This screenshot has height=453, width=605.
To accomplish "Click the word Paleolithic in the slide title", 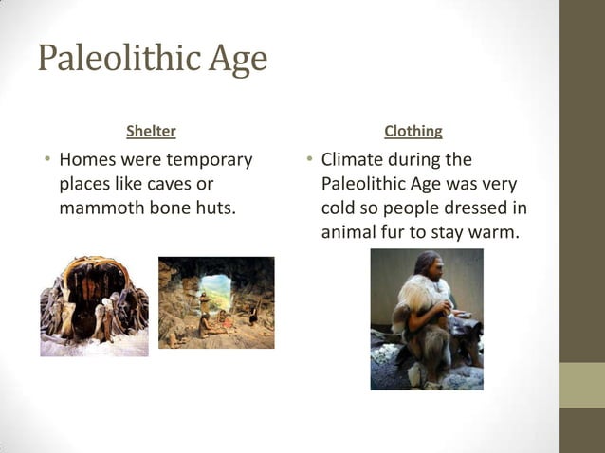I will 115,60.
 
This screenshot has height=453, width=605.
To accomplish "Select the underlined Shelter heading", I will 151,131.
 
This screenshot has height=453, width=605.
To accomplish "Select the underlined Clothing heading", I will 412,131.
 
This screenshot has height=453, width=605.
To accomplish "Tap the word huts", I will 213,208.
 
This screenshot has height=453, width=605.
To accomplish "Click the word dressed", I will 475,208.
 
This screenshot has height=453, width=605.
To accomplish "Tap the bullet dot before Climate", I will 308,159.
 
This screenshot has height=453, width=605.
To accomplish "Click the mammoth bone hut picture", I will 94,305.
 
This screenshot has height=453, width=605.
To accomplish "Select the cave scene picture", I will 216,302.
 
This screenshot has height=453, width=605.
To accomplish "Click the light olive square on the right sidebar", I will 581,385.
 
